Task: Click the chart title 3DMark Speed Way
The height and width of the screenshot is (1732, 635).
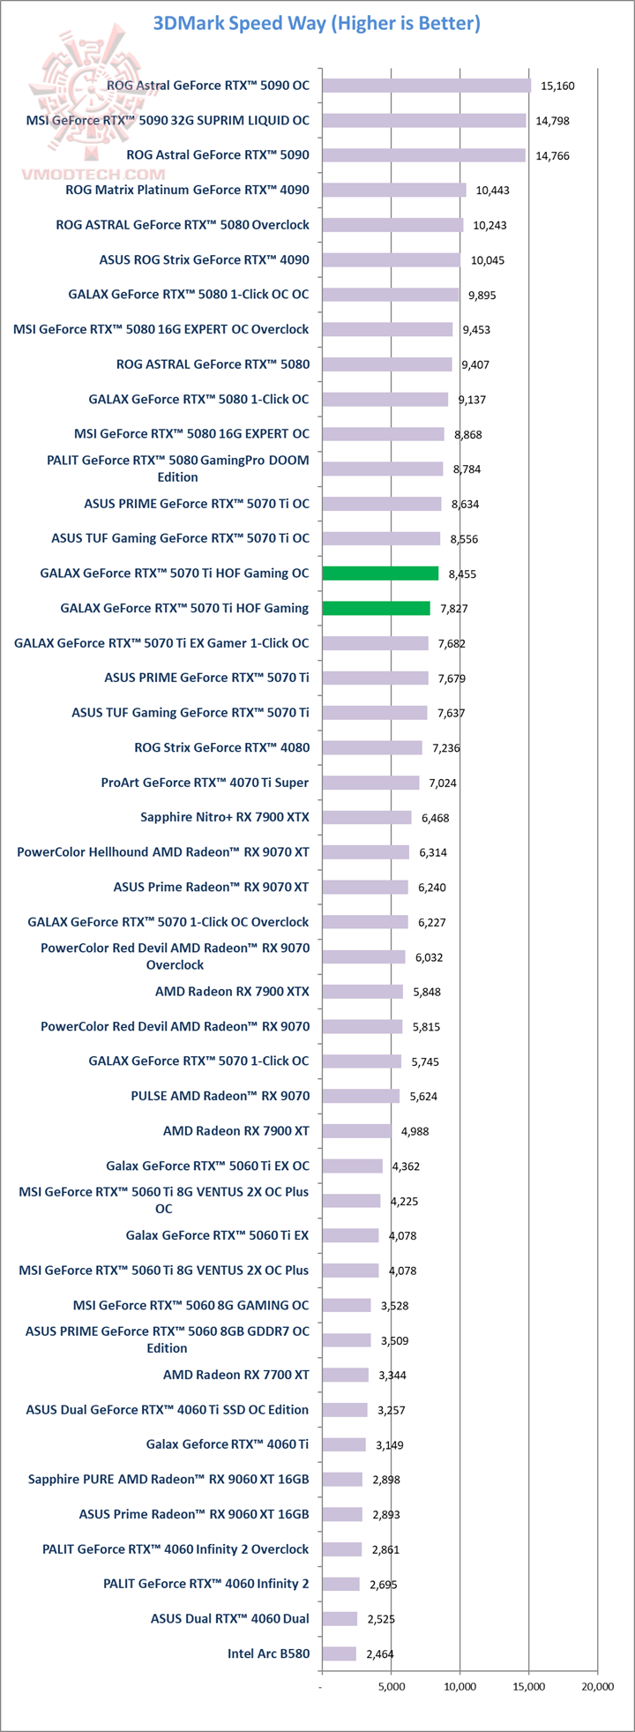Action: coord(317,23)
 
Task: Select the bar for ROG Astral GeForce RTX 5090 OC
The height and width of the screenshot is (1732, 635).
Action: coord(427,86)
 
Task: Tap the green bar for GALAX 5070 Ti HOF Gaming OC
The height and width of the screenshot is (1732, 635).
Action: coord(380,574)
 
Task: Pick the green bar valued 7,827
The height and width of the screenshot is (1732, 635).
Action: coord(376,608)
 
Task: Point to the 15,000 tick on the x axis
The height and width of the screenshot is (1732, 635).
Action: coord(528,1686)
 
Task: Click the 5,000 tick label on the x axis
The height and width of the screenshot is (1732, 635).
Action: coord(391,1686)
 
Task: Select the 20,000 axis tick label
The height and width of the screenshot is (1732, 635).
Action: coord(597,1686)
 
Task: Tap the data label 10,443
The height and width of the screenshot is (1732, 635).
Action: coord(492,191)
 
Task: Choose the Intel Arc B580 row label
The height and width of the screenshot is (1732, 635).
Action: coord(268,1653)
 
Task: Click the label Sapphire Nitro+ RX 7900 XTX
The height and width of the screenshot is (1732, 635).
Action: coord(225,817)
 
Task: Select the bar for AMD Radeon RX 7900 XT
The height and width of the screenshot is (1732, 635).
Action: coord(356,1131)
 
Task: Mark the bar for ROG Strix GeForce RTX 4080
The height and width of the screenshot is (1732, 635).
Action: coord(372,747)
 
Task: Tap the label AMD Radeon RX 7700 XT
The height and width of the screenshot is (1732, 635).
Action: coord(235,1375)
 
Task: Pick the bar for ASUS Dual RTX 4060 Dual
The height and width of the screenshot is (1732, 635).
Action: coord(340,1619)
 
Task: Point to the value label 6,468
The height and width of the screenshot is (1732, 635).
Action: coord(435,818)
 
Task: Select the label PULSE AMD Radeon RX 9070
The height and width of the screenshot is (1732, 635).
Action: coord(220,1096)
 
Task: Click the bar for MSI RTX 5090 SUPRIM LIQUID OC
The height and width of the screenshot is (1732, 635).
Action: coord(424,120)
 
